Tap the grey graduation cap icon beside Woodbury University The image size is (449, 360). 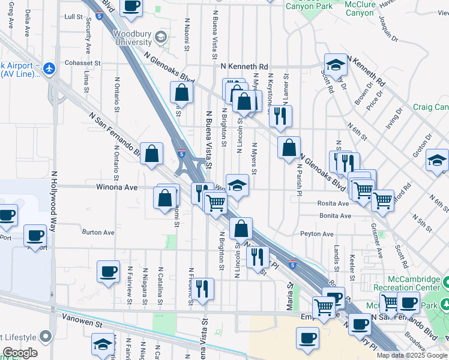coord(160,38)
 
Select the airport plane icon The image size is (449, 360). coord(49,68)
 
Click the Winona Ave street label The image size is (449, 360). coord(117,187)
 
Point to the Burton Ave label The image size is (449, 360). coord(98,232)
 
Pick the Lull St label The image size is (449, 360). coord(72,17)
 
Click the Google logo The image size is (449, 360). coord(20,353)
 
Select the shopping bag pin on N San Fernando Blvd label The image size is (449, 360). coord(152,153)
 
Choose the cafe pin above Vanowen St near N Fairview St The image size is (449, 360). coord(108,271)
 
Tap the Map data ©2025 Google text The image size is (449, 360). coord(411,355)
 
